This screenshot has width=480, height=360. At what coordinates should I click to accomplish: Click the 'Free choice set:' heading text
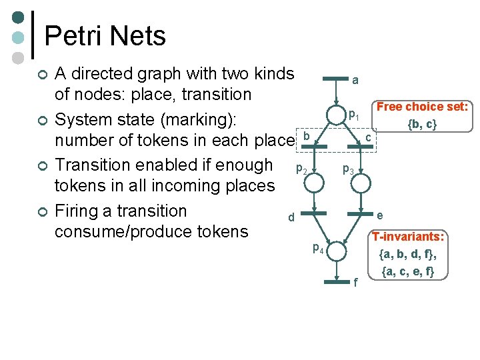(422, 107)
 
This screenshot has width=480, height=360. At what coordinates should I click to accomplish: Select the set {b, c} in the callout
(422, 124)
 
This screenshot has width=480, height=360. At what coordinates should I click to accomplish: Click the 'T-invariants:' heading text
(409, 237)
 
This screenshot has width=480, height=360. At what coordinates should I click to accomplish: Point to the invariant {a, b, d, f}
(407, 254)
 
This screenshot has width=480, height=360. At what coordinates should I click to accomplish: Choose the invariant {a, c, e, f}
(407, 271)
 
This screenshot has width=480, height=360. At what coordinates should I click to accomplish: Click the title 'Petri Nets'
(105, 35)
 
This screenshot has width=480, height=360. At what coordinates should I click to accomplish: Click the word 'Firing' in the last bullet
(77, 211)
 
